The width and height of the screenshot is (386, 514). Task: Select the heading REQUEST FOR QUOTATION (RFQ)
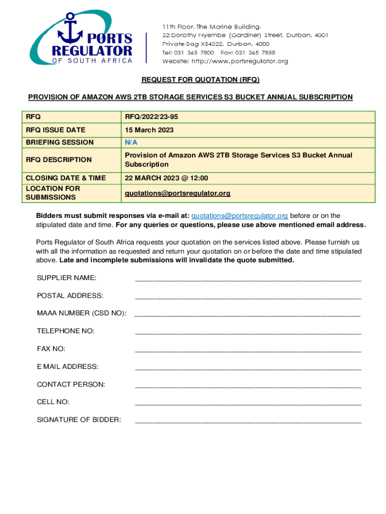pos(200,80)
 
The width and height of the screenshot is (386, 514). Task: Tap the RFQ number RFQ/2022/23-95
pos(151,117)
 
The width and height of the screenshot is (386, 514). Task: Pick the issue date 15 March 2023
pos(149,130)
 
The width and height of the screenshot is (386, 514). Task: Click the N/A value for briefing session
pos(131,143)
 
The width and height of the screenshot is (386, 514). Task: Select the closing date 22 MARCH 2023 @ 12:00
pos(166,178)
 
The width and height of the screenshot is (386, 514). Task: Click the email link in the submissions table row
pos(177,193)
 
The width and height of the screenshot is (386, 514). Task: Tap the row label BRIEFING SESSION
pos(60,143)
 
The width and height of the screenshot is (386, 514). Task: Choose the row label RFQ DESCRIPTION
pos(59,160)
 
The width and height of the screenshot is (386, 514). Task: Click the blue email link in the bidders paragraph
pos(240,216)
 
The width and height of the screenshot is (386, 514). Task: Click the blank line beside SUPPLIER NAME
pos(248,279)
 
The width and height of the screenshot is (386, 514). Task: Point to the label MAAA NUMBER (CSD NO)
pos(82,313)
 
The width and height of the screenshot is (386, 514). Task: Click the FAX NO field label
pos(51,349)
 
